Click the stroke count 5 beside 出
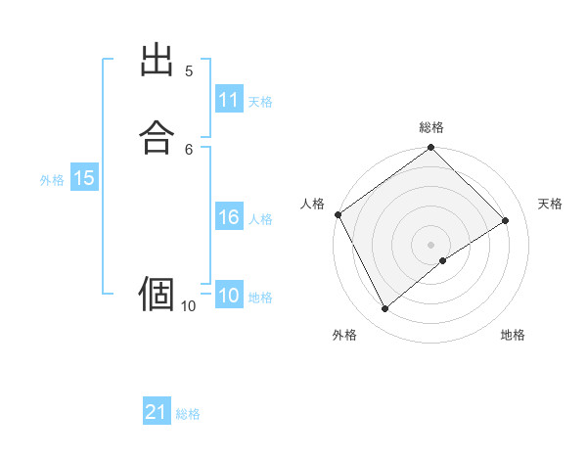coord(189,70)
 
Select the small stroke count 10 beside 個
coord(188,306)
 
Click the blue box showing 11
coord(229,100)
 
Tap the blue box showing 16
coord(229,217)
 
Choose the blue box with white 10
coord(229,296)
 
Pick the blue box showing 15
coord(84,178)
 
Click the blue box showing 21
coord(157,413)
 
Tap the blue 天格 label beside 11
coord(260,102)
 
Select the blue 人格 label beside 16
coord(260,219)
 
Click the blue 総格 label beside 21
coord(188,414)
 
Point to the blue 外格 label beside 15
coord(52,179)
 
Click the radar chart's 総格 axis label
coord(431,127)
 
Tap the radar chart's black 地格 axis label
coord(513,336)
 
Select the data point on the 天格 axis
coord(506,220)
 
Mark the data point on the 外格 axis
coord(384,309)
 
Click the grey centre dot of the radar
coord(430,244)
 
